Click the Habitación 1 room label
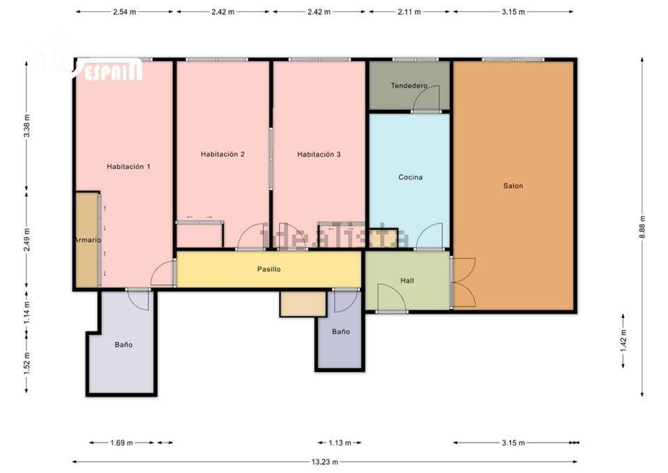click(x=129, y=167)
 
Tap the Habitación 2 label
click(x=223, y=154)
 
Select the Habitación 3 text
click(x=319, y=154)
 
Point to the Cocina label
click(x=410, y=177)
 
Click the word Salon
click(x=513, y=186)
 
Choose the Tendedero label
click(x=409, y=86)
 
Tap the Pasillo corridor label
click(x=269, y=269)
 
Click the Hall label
click(x=407, y=280)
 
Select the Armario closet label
click(x=88, y=240)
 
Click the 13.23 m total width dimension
click(x=325, y=462)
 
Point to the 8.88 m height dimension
click(x=642, y=227)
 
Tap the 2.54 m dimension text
click(x=124, y=12)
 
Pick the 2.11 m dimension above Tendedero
click(x=409, y=12)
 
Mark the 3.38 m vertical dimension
click(x=27, y=126)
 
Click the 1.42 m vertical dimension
click(x=623, y=341)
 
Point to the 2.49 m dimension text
click(x=27, y=240)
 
